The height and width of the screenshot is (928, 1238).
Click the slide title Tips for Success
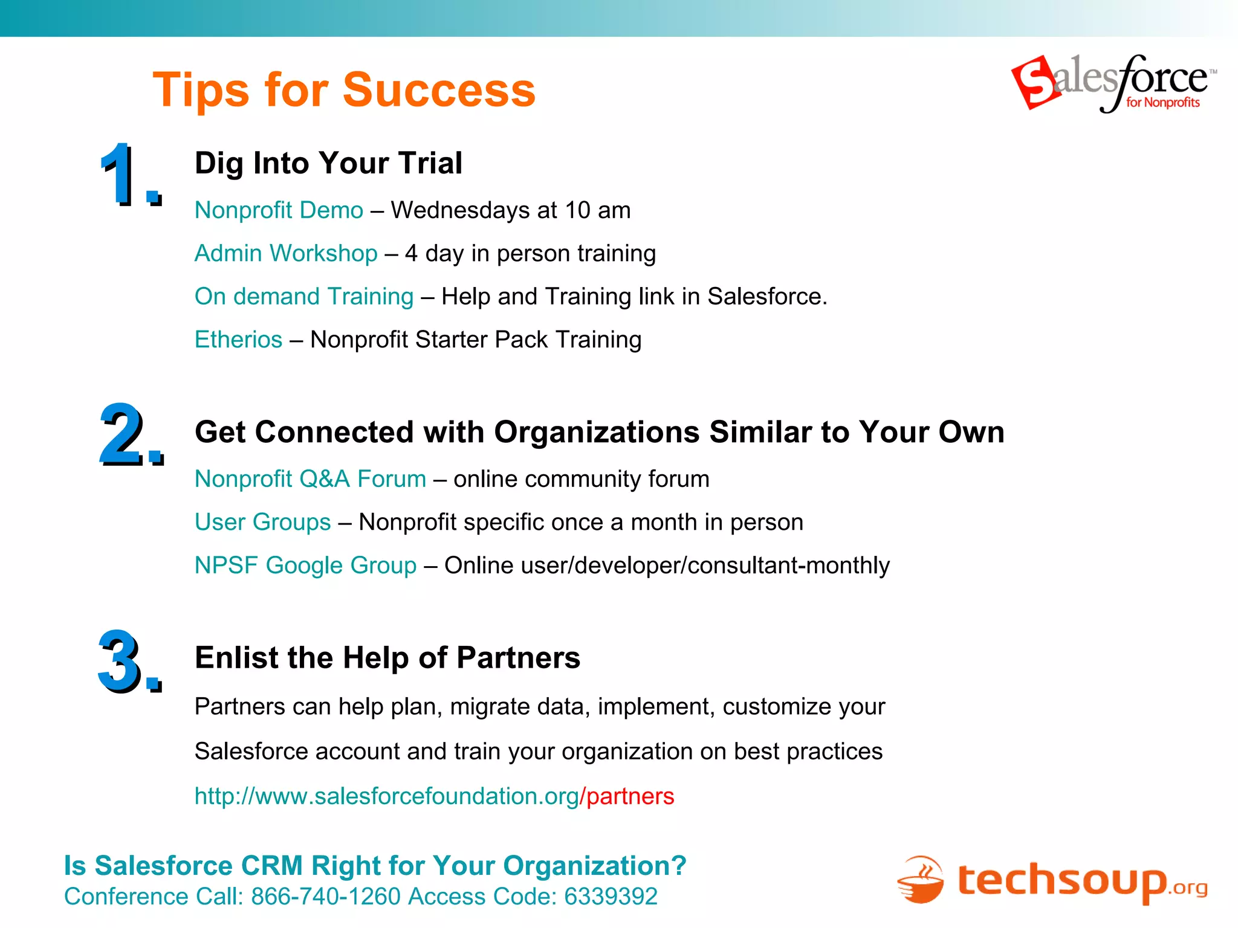tap(344, 90)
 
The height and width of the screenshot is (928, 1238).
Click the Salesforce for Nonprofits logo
tap(1113, 83)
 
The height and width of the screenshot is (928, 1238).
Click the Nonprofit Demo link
tap(279, 210)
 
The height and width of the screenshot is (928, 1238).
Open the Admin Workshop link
tap(286, 253)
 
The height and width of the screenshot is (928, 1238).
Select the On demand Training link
tap(304, 297)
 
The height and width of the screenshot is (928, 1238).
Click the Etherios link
tap(238, 340)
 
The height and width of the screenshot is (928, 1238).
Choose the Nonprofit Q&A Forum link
tap(310, 479)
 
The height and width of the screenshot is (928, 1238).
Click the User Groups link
tap(262, 522)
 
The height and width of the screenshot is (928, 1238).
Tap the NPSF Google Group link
tap(305, 565)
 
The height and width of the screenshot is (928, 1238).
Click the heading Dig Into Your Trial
tap(328, 163)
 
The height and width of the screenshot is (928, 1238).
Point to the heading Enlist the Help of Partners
tap(387, 657)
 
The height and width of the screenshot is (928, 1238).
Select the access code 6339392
tap(611, 897)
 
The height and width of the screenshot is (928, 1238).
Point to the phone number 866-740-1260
tap(326, 897)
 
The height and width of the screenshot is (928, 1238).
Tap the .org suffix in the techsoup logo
tap(1188, 888)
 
